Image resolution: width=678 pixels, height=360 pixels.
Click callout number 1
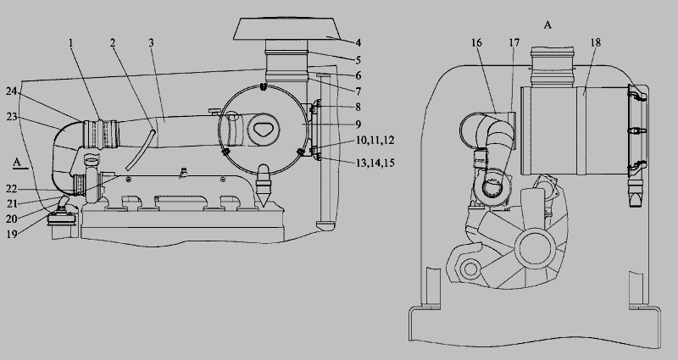(x=72, y=42)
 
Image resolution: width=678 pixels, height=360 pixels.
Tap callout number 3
(x=151, y=42)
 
